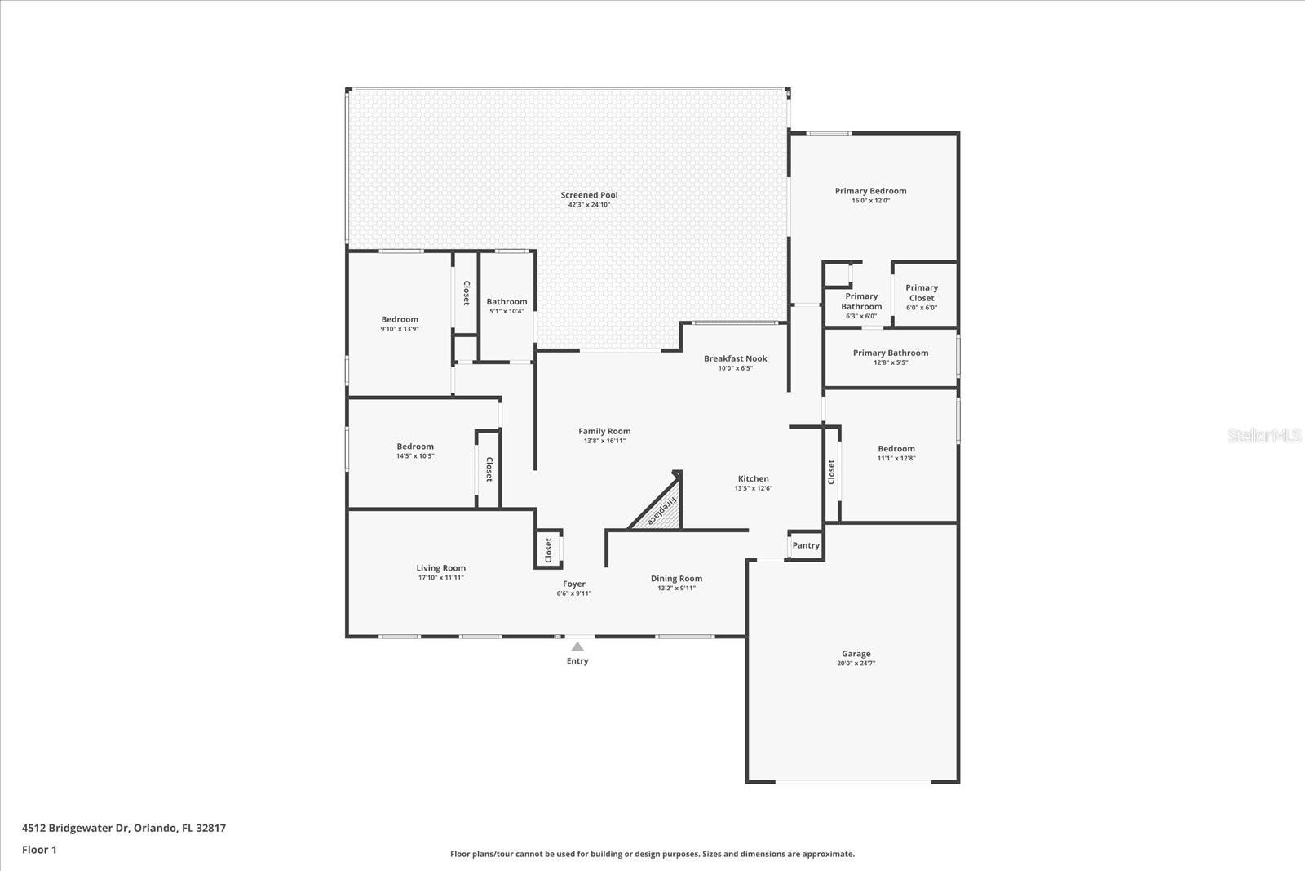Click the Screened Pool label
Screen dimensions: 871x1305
[589, 195]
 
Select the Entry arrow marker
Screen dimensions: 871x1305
[577, 647]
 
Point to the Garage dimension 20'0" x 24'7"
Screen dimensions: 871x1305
[856, 664]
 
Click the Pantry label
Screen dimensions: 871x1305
[806, 545]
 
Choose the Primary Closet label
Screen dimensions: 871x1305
[922, 292]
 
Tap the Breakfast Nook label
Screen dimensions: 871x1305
[735, 358]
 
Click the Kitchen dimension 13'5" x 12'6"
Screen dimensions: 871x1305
[753, 488]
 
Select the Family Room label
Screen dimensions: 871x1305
[604, 431]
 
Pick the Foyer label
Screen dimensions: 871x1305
[574, 584]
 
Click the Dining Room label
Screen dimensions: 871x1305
[676, 579]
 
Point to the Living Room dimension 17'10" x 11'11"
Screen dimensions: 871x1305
[440, 578]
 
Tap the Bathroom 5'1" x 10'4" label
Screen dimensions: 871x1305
[507, 302]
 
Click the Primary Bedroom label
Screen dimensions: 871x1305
[870, 191]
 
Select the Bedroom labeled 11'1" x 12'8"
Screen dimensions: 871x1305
[896, 449]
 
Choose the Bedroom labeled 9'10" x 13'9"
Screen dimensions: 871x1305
[400, 320]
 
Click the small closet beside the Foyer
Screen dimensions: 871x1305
[548, 549]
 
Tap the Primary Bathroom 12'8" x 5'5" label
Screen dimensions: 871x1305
[891, 353]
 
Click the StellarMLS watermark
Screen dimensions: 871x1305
[1264, 436]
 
